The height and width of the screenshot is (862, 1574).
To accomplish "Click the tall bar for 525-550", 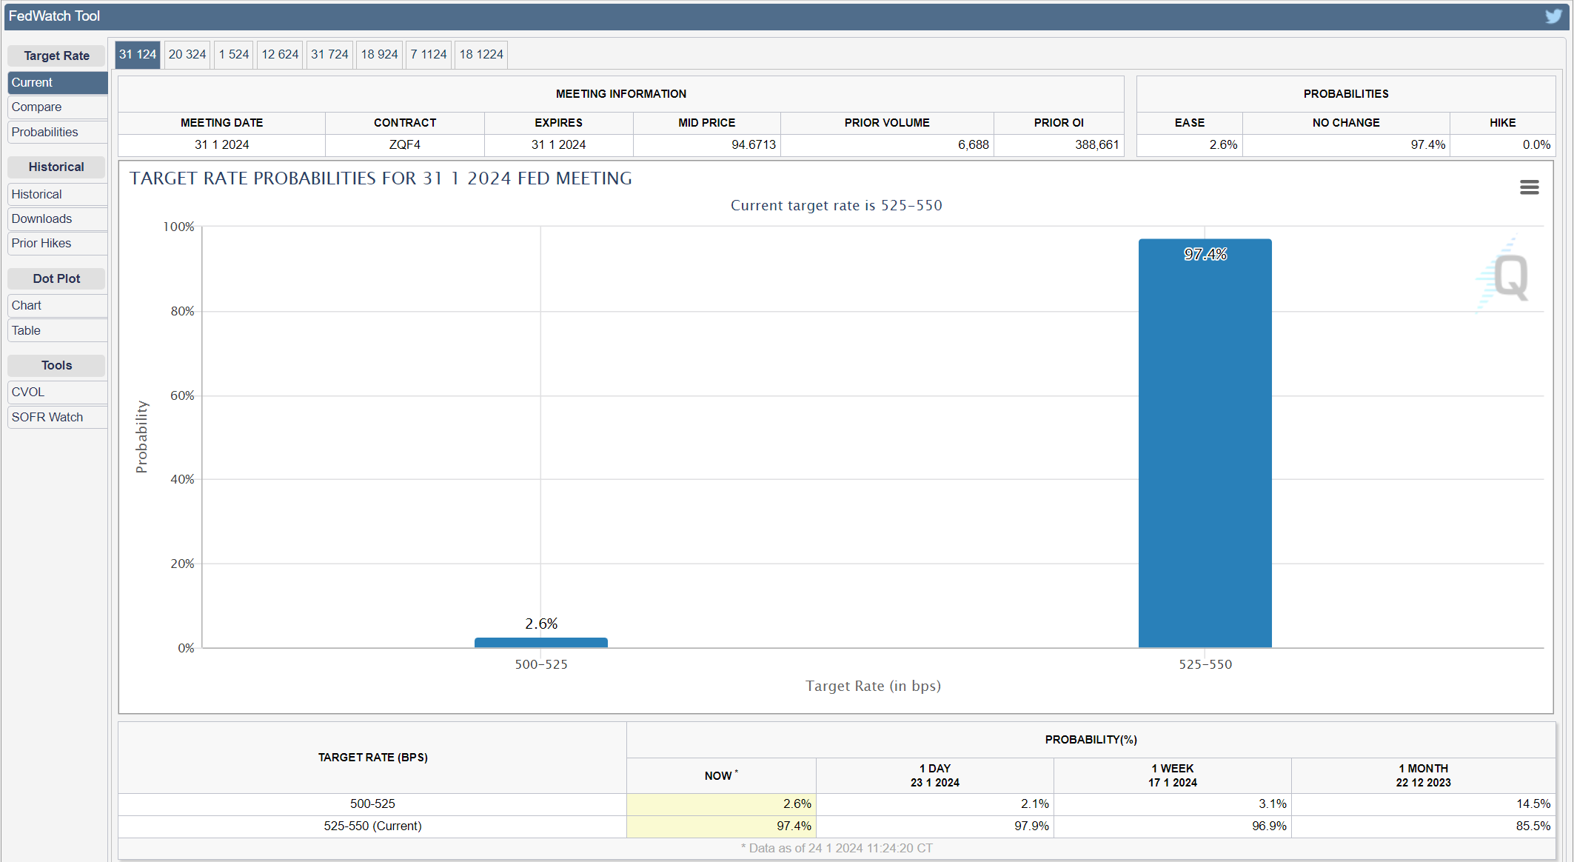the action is [1205, 443].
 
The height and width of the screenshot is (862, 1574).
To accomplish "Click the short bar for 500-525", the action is [540, 643].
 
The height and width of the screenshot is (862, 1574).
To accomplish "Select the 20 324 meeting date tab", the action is [187, 54].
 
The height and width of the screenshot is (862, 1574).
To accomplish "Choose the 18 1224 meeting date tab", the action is [481, 54].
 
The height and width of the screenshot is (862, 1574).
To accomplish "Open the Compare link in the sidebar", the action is [36, 107].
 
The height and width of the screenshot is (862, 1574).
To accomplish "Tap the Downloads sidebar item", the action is [41, 218].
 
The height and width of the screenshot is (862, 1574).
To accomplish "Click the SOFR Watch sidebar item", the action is [47, 417].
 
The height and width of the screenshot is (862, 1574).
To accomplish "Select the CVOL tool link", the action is [28, 392].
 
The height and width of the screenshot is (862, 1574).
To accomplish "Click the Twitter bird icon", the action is [1553, 16].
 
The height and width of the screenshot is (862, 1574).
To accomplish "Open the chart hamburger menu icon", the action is [1529, 187].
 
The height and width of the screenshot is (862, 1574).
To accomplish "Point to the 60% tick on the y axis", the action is [182, 395].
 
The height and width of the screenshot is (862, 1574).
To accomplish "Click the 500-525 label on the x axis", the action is [541, 664].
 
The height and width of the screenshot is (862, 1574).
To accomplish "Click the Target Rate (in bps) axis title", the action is [873, 686].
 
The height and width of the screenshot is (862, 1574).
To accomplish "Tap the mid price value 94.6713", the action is [754, 144].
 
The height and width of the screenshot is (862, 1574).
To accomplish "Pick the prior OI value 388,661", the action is [1096, 144].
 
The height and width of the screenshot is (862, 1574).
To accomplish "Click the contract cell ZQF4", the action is [405, 144].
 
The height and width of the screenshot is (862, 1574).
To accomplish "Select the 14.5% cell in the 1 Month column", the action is [1533, 803].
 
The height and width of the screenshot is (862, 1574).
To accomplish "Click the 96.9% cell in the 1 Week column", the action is [1269, 826].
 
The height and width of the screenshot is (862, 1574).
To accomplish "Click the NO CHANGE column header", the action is [1346, 123].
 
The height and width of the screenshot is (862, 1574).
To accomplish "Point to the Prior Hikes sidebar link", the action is [41, 243].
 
